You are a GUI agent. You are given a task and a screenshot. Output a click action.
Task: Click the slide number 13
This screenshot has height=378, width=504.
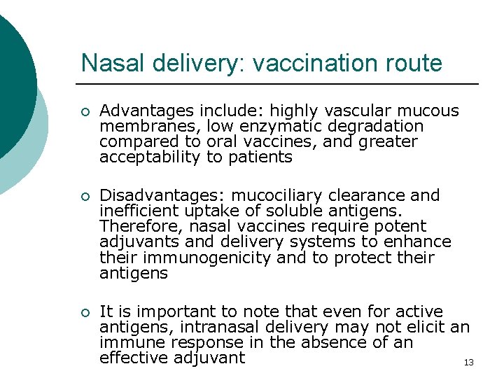pyautogui.click(x=469, y=362)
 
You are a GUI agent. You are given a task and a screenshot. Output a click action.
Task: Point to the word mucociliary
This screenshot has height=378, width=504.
pyautogui.click(x=274, y=195)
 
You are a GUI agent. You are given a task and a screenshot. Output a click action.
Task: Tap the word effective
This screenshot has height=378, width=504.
pyautogui.click(x=132, y=358)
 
